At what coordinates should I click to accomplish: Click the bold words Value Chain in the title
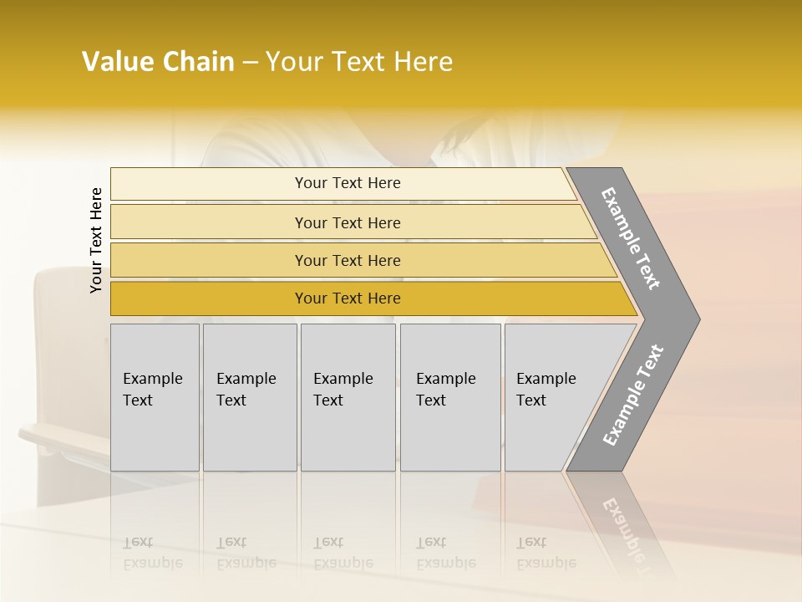pyautogui.click(x=158, y=62)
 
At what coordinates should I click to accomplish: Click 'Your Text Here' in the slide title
pyautogui.click(x=359, y=62)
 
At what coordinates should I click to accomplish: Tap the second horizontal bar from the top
pyautogui.click(x=348, y=222)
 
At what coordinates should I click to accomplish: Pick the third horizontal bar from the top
pyautogui.click(x=348, y=260)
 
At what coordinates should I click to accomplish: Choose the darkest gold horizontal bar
pyautogui.click(x=348, y=298)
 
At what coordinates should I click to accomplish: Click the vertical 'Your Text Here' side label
pyautogui.click(x=96, y=240)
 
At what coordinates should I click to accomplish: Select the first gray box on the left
pyautogui.click(x=155, y=397)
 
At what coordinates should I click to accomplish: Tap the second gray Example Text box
pyautogui.click(x=249, y=397)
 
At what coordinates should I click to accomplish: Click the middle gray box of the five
pyautogui.click(x=347, y=397)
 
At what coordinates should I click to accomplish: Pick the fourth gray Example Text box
pyautogui.click(x=449, y=397)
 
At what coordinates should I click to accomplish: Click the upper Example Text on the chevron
pyautogui.click(x=632, y=238)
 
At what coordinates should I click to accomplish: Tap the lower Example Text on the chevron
pyautogui.click(x=633, y=395)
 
